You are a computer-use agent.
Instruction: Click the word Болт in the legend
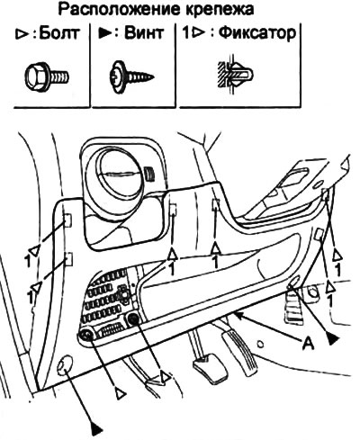coord(59,33)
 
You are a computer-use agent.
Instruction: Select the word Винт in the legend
coord(144,32)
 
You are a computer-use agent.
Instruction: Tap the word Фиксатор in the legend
coord(257,33)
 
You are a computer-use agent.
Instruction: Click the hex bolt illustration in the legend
coord(48,75)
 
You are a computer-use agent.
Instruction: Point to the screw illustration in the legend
coord(131,76)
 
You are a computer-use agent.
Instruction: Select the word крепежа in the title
coord(217,10)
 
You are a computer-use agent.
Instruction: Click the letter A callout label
coord(308,343)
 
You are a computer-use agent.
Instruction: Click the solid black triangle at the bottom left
coord(96,427)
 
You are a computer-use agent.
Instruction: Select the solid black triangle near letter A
coord(332,339)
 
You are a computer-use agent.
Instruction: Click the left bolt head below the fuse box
coord(86,335)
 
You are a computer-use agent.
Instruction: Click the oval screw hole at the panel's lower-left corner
coord(66,364)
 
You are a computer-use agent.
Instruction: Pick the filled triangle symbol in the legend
coord(105,33)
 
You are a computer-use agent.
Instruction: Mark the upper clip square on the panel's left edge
coord(67,221)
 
